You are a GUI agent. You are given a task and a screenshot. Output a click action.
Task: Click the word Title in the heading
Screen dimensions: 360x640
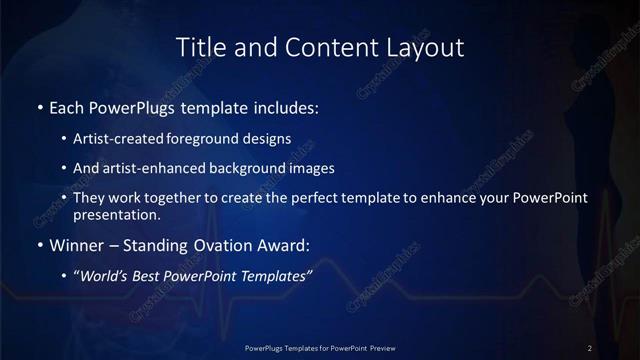point(198,47)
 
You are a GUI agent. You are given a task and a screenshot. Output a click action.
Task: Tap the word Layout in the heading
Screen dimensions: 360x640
point(429,47)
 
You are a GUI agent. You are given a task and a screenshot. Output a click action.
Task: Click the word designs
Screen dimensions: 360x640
point(261,140)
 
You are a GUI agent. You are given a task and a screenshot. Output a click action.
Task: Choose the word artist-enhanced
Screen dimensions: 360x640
point(146,169)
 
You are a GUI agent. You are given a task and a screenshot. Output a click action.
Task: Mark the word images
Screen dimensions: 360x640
point(313,169)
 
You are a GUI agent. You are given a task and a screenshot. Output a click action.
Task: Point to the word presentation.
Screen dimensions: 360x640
point(116,215)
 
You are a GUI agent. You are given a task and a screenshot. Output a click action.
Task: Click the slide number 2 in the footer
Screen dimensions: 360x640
point(590,348)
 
